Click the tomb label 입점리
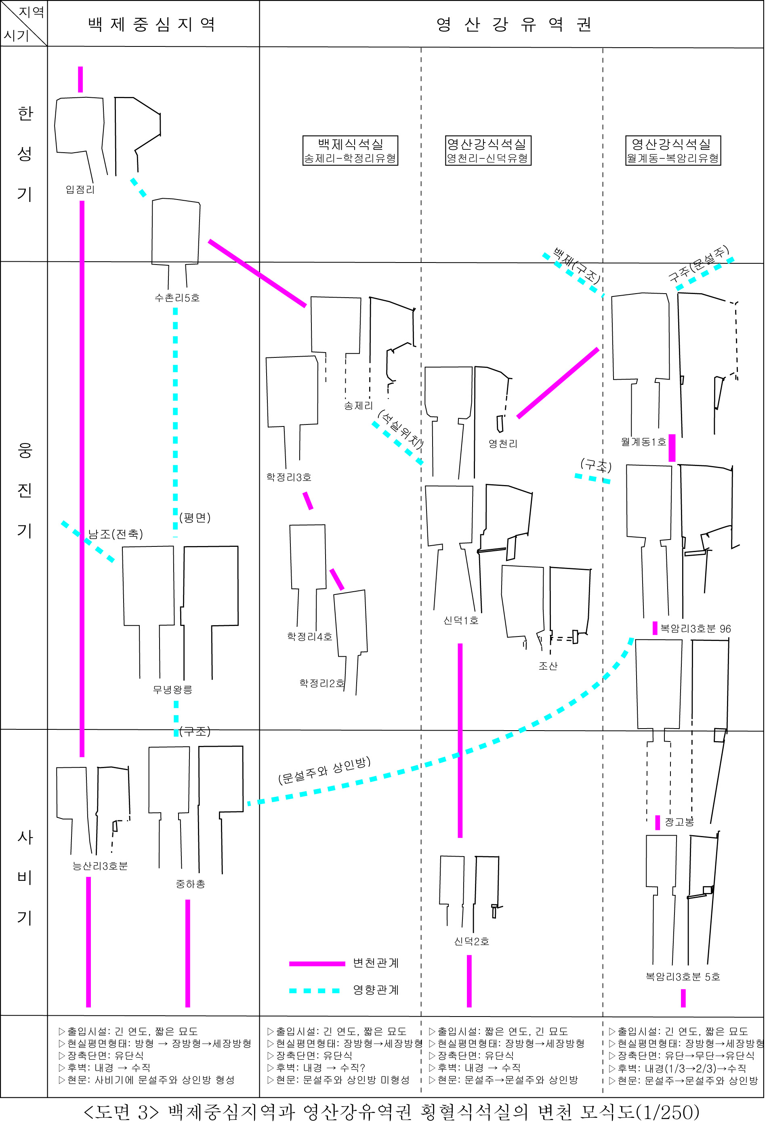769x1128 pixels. (80, 190)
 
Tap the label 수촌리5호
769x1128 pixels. (177, 298)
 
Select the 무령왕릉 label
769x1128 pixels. (173, 691)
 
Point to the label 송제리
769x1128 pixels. (359, 407)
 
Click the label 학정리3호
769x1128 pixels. (289, 478)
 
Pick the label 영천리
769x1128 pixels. (504, 445)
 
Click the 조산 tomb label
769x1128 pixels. (549, 667)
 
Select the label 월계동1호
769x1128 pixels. (644, 443)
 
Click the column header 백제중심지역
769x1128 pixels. (152, 24)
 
